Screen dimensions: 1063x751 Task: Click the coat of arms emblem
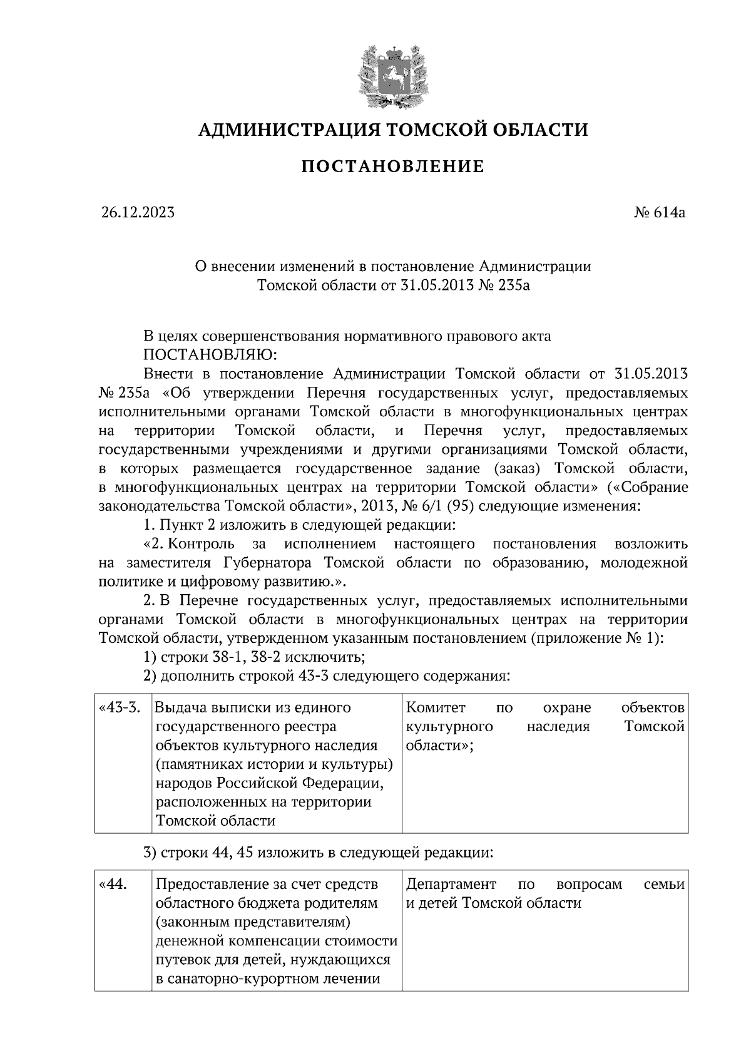(393, 74)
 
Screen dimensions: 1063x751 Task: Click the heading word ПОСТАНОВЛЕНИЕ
(393, 167)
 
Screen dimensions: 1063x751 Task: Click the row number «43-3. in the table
(119, 708)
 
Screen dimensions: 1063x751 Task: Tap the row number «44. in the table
(114, 885)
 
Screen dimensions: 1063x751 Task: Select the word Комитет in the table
(436, 708)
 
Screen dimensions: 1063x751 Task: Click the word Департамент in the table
(451, 885)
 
